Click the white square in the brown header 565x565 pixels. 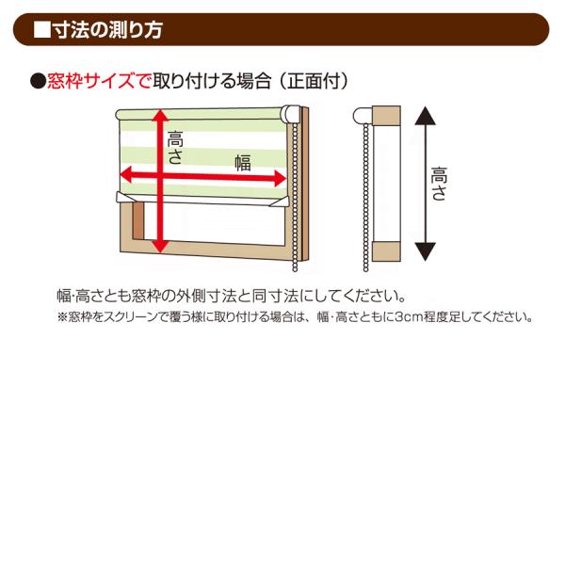pyautogui.click(x=42, y=30)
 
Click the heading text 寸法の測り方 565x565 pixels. pyautogui.click(x=107, y=30)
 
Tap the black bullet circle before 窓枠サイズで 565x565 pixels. pyautogui.click(x=39, y=81)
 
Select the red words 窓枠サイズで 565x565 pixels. pyautogui.click(x=99, y=81)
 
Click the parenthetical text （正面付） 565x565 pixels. pyautogui.click(x=313, y=81)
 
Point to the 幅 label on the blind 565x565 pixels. pyautogui.click(x=243, y=163)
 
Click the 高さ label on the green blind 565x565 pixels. pyautogui.click(x=175, y=148)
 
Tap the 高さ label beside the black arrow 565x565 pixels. pyautogui.click(x=439, y=184)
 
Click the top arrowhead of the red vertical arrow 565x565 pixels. pyautogui.click(x=161, y=116)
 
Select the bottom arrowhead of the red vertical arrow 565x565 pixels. pyautogui.click(x=161, y=245)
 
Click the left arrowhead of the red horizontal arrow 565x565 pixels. pyautogui.click(x=128, y=174)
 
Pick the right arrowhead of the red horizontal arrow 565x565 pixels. pyautogui.click(x=280, y=178)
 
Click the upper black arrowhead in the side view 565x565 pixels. pyautogui.click(x=426, y=116)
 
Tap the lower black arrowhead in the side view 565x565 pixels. pyautogui.click(x=426, y=251)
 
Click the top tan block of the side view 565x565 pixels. pyautogui.click(x=386, y=115)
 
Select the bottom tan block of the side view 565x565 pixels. pyautogui.click(x=386, y=251)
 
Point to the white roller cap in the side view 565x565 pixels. pyautogui.click(x=363, y=116)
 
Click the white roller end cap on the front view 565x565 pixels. pyautogui.click(x=291, y=114)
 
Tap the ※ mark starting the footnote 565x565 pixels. pyautogui.click(x=63, y=317)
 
